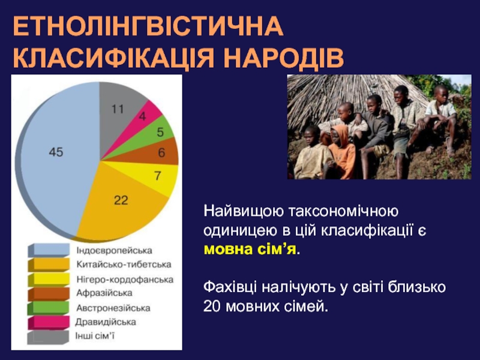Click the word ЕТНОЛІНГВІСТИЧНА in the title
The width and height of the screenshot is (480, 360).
tap(148, 26)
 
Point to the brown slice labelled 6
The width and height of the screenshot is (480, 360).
tap(159, 152)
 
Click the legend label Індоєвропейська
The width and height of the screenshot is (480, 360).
tap(114, 250)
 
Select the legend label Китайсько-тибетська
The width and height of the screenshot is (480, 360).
tap(124, 265)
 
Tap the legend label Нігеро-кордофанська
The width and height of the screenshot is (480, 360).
tap(125, 279)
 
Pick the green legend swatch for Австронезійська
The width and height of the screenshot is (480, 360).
tap(49, 308)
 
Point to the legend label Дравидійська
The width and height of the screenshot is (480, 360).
tap(106, 322)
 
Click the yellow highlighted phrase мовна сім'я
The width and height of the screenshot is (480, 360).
tap(250, 250)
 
